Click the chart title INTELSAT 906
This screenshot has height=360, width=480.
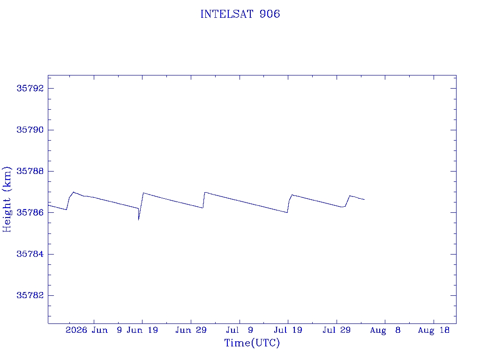[x=240, y=14]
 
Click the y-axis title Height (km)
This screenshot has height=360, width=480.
[x=7, y=199]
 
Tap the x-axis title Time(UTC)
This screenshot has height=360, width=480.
[x=252, y=343]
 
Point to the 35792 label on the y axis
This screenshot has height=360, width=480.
[x=30, y=89]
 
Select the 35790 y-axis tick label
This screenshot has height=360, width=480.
[x=30, y=130]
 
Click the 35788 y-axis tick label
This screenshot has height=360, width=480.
[x=30, y=171]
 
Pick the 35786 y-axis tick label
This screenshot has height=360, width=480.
[x=30, y=212]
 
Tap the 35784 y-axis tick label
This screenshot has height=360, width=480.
[x=30, y=254]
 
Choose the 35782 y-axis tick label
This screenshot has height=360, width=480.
[x=30, y=295]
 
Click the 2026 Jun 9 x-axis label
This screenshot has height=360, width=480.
[x=94, y=330]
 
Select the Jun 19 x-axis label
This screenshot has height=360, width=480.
[x=142, y=330]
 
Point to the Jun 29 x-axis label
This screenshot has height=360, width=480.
[x=191, y=330]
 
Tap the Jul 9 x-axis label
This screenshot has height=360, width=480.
[x=240, y=330]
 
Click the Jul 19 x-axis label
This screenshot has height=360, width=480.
[x=288, y=330]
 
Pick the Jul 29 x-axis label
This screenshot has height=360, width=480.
[x=337, y=330]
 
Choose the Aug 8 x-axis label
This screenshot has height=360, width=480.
[x=385, y=330]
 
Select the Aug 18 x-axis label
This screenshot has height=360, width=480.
[x=434, y=330]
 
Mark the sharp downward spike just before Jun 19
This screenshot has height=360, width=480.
[x=139, y=220]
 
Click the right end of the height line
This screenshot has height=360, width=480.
[x=364, y=200]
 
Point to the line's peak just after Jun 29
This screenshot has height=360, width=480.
[x=205, y=192]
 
